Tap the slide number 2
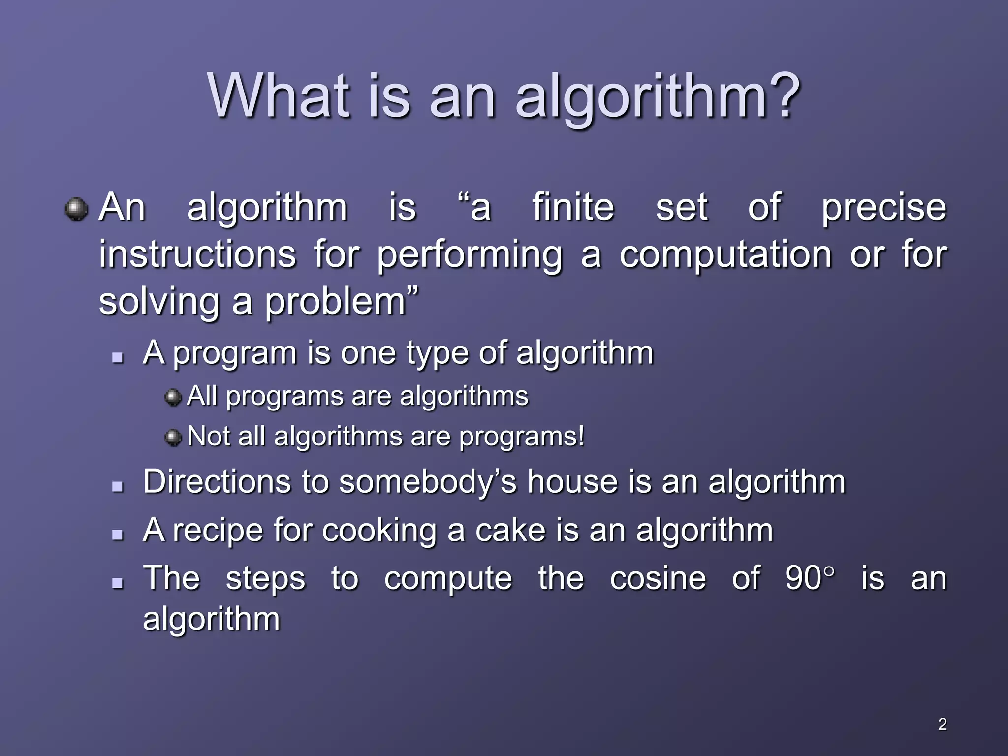[x=942, y=724]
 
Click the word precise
[x=884, y=208]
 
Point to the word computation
[x=725, y=255]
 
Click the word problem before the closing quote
[x=335, y=302]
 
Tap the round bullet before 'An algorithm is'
[x=76, y=209]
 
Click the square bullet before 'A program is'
[x=117, y=358]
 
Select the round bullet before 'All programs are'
[x=173, y=397]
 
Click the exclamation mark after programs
[x=581, y=436]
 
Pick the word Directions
[x=217, y=481]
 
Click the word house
[x=572, y=481]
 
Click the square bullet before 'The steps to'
[x=117, y=583]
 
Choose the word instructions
[x=197, y=255]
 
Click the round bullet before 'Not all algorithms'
[x=173, y=437]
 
